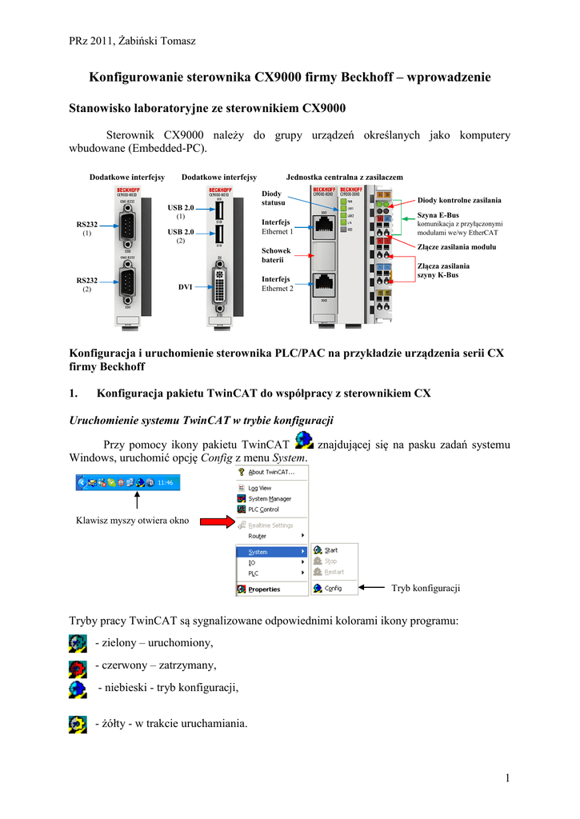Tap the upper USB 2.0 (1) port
pos(218,211)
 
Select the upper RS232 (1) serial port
pos(127,227)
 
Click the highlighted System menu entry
pos(258,552)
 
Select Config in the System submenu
pos(333,588)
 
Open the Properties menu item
pos(264,589)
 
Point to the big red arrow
pos(216,522)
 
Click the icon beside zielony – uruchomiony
pos(78,643)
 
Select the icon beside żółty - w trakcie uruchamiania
pos(78,724)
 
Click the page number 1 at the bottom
pos(507,778)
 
